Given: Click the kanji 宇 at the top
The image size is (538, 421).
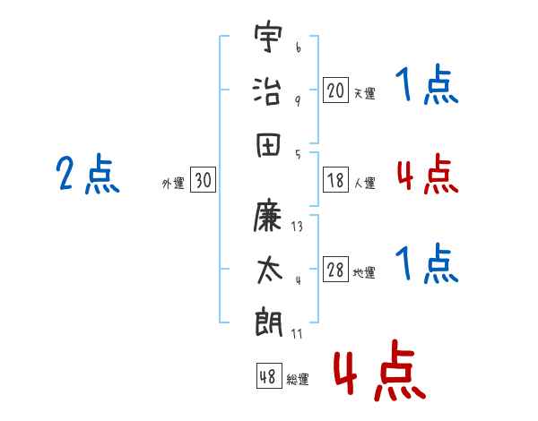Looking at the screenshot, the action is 268,36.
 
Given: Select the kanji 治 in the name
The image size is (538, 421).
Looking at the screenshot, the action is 267,90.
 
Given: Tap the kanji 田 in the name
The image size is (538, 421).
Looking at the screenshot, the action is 268,144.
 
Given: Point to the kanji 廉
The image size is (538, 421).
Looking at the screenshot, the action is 267,215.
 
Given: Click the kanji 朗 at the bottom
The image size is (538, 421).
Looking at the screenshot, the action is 269,322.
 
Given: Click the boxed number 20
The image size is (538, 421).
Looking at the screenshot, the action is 335,90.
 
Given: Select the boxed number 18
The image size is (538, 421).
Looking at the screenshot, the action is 335,180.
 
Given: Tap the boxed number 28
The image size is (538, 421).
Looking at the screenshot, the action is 335,269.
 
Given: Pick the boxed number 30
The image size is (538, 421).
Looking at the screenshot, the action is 203,179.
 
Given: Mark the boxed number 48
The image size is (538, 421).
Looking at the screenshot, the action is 269,375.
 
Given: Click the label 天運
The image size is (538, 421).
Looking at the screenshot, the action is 365,93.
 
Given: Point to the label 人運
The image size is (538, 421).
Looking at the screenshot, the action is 365,183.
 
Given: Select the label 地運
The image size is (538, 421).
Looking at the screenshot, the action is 364,272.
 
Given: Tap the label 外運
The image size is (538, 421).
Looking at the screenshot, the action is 173,183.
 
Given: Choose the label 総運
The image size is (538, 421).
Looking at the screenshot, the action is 298,379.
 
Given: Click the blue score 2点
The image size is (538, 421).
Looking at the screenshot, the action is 88,173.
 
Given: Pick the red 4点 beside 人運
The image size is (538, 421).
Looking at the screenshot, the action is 428,174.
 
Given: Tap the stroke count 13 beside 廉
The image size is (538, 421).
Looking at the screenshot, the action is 297,227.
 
